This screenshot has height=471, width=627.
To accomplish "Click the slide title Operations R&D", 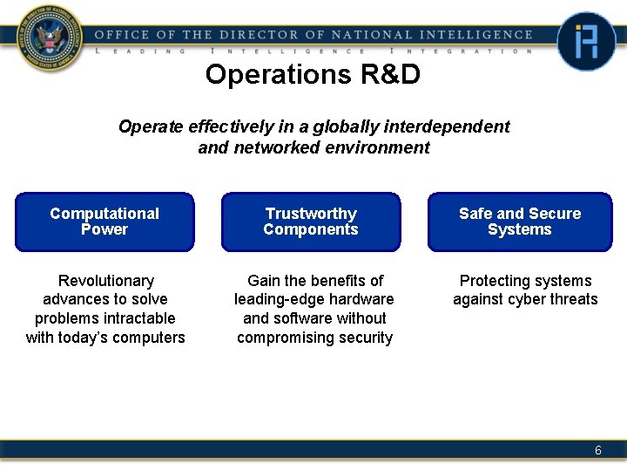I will pyautogui.click(x=313, y=75).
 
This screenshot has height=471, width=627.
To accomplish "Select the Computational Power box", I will pyautogui.click(x=104, y=222).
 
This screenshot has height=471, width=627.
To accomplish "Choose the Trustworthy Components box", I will pyautogui.click(x=311, y=222).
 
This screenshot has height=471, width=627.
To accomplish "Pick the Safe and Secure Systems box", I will pyautogui.click(x=519, y=222).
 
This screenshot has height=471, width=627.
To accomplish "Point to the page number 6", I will pyautogui.click(x=597, y=450).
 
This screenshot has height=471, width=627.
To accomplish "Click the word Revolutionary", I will pyautogui.click(x=105, y=281).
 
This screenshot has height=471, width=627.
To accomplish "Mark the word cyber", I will pyautogui.click(x=535, y=299).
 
